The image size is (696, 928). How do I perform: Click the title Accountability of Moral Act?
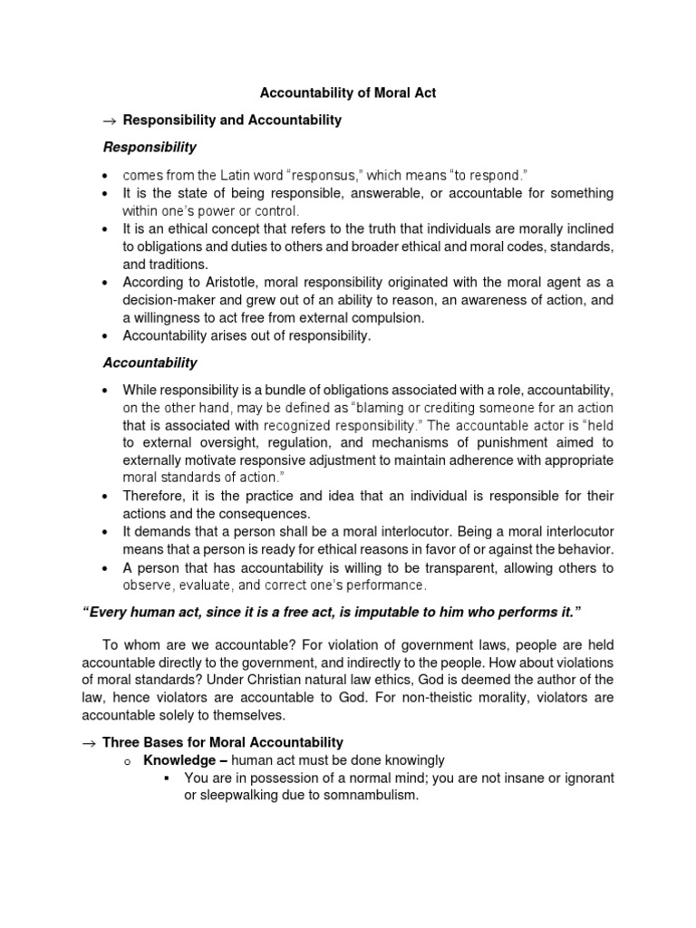tap(348, 93)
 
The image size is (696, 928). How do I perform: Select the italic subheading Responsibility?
tap(149, 147)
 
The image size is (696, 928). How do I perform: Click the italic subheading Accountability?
tap(150, 362)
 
